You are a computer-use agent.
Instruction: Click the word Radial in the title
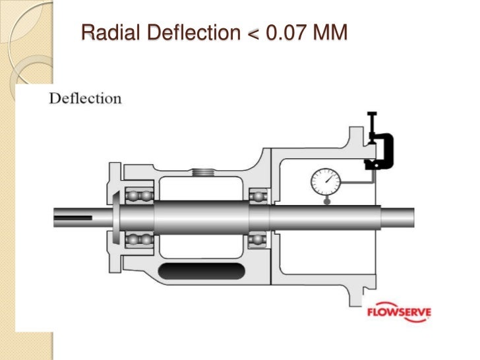coord(108,31)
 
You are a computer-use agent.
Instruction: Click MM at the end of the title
coord(330,31)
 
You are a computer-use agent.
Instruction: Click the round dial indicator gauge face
coord(323,181)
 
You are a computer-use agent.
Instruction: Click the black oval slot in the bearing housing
coord(202,270)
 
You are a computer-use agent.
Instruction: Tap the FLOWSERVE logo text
coord(400,311)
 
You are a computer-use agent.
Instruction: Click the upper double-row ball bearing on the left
coord(139,196)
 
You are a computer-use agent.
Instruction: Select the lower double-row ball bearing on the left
coord(139,239)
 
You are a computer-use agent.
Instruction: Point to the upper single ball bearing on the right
coord(258,196)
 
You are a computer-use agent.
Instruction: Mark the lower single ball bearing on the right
coord(258,239)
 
